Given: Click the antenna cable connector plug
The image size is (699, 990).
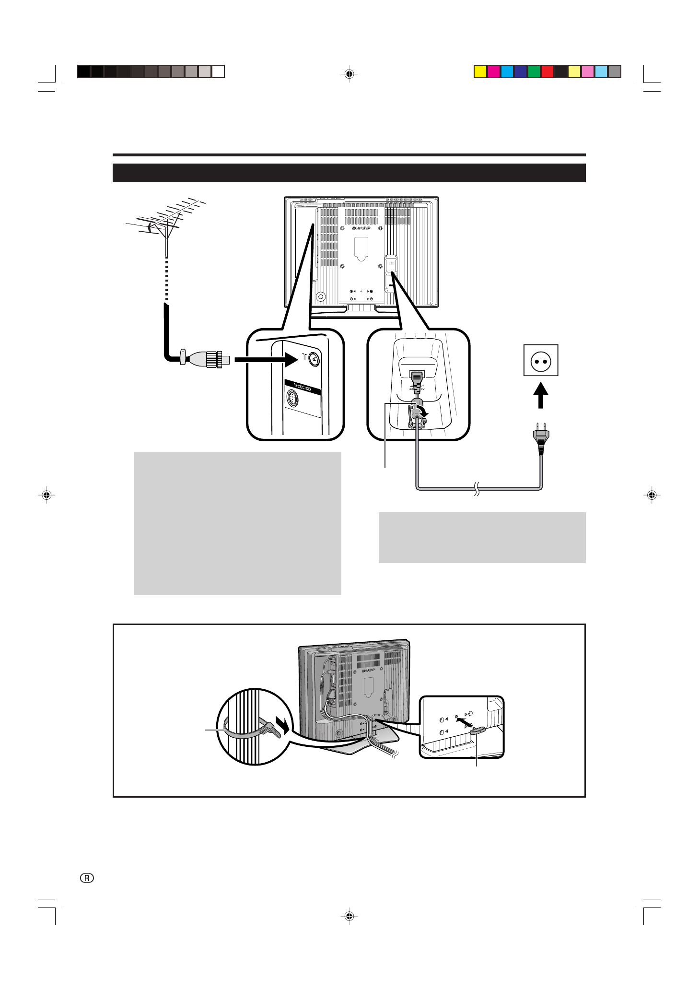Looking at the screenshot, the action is (x=206, y=359).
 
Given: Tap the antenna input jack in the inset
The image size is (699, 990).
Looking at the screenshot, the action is (x=314, y=359).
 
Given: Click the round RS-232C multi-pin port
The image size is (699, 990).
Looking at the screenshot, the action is (x=292, y=399).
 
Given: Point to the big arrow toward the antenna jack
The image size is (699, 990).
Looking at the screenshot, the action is (x=267, y=359).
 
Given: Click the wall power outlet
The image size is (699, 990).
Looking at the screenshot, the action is (x=541, y=360).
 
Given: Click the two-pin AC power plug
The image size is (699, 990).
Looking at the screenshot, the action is (x=541, y=437).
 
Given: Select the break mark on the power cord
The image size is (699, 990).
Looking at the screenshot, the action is (x=477, y=489).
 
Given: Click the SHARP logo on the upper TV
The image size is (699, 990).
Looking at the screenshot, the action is (x=361, y=228).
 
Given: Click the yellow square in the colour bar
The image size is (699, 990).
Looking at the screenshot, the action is (x=480, y=71).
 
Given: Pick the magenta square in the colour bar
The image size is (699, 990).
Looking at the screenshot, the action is (x=493, y=71).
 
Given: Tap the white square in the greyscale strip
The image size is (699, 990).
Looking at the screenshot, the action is (x=218, y=71).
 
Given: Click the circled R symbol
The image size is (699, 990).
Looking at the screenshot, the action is (x=87, y=878).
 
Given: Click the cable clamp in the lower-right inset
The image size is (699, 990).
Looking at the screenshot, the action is (x=478, y=731).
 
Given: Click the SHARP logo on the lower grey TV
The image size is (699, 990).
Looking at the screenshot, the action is (x=368, y=670).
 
